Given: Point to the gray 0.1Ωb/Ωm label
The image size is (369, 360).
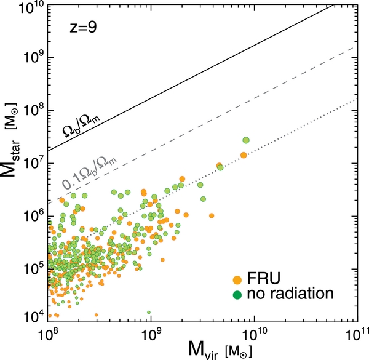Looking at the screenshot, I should [x=85, y=176].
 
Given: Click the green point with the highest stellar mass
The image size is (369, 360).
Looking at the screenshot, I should [x=246, y=141].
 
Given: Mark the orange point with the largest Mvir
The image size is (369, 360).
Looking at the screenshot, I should [x=243, y=154].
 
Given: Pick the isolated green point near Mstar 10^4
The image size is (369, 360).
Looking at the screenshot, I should [x=148, y=313].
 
